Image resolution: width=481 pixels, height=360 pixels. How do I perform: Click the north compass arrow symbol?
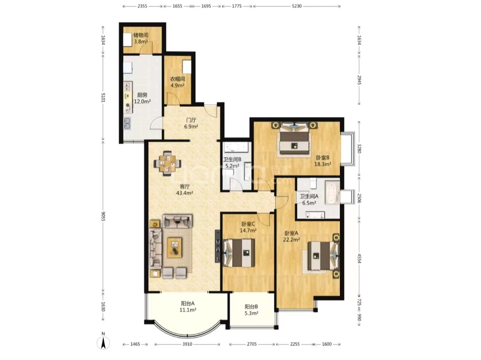pos(103,343)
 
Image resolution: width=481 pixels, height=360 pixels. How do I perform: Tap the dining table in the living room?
pos(167,163)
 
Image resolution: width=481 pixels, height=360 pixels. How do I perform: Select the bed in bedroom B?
pos(294,139)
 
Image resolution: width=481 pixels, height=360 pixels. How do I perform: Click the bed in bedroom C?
pos(240,253)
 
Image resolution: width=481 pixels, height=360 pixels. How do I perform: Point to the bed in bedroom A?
pos(322,256)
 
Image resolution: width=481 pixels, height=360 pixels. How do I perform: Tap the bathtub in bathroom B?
pos(236,147)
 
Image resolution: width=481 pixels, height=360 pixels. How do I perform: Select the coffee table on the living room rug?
pos(175,247)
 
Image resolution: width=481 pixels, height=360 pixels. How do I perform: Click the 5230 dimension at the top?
pos(297,6)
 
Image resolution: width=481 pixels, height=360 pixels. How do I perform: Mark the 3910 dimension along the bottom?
pos(187,344)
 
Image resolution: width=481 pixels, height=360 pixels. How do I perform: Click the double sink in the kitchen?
pos(127,123)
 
